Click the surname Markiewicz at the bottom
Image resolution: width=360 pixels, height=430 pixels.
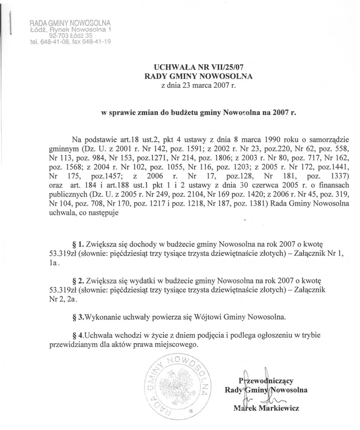pyautogui.click(x=279, y=408)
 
